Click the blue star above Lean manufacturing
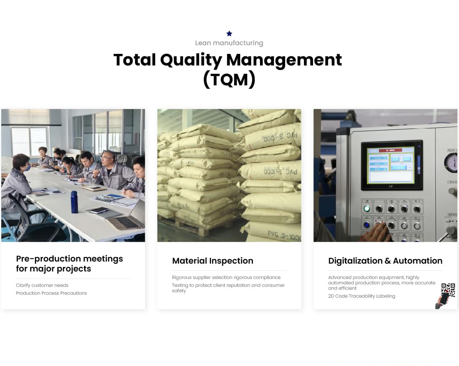tap(229, 34)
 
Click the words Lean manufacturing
tap(229, 43)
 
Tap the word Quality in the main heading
tap(191, 60)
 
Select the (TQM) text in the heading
tap(229, 80)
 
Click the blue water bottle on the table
tap(74, 202)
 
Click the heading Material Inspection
tap(213, 261)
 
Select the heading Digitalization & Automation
tap(385, 261)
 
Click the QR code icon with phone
tap(446, 296)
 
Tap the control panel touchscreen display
tap(391, 165)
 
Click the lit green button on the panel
tap(367, 208)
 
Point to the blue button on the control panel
tap(367, 225)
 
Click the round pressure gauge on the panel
tap(452, 162)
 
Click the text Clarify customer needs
tap(42, 285)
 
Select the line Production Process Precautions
tap(51, 293)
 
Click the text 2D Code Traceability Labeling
tap(362, 296)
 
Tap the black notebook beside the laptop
tap(99, 210)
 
